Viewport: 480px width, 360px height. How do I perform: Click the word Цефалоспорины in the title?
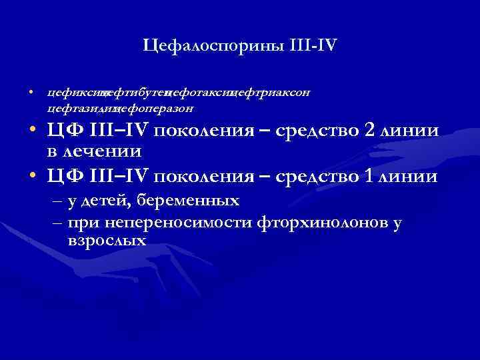213,46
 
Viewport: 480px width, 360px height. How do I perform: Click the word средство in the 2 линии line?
317,131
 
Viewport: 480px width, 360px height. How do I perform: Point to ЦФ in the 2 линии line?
64,131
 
